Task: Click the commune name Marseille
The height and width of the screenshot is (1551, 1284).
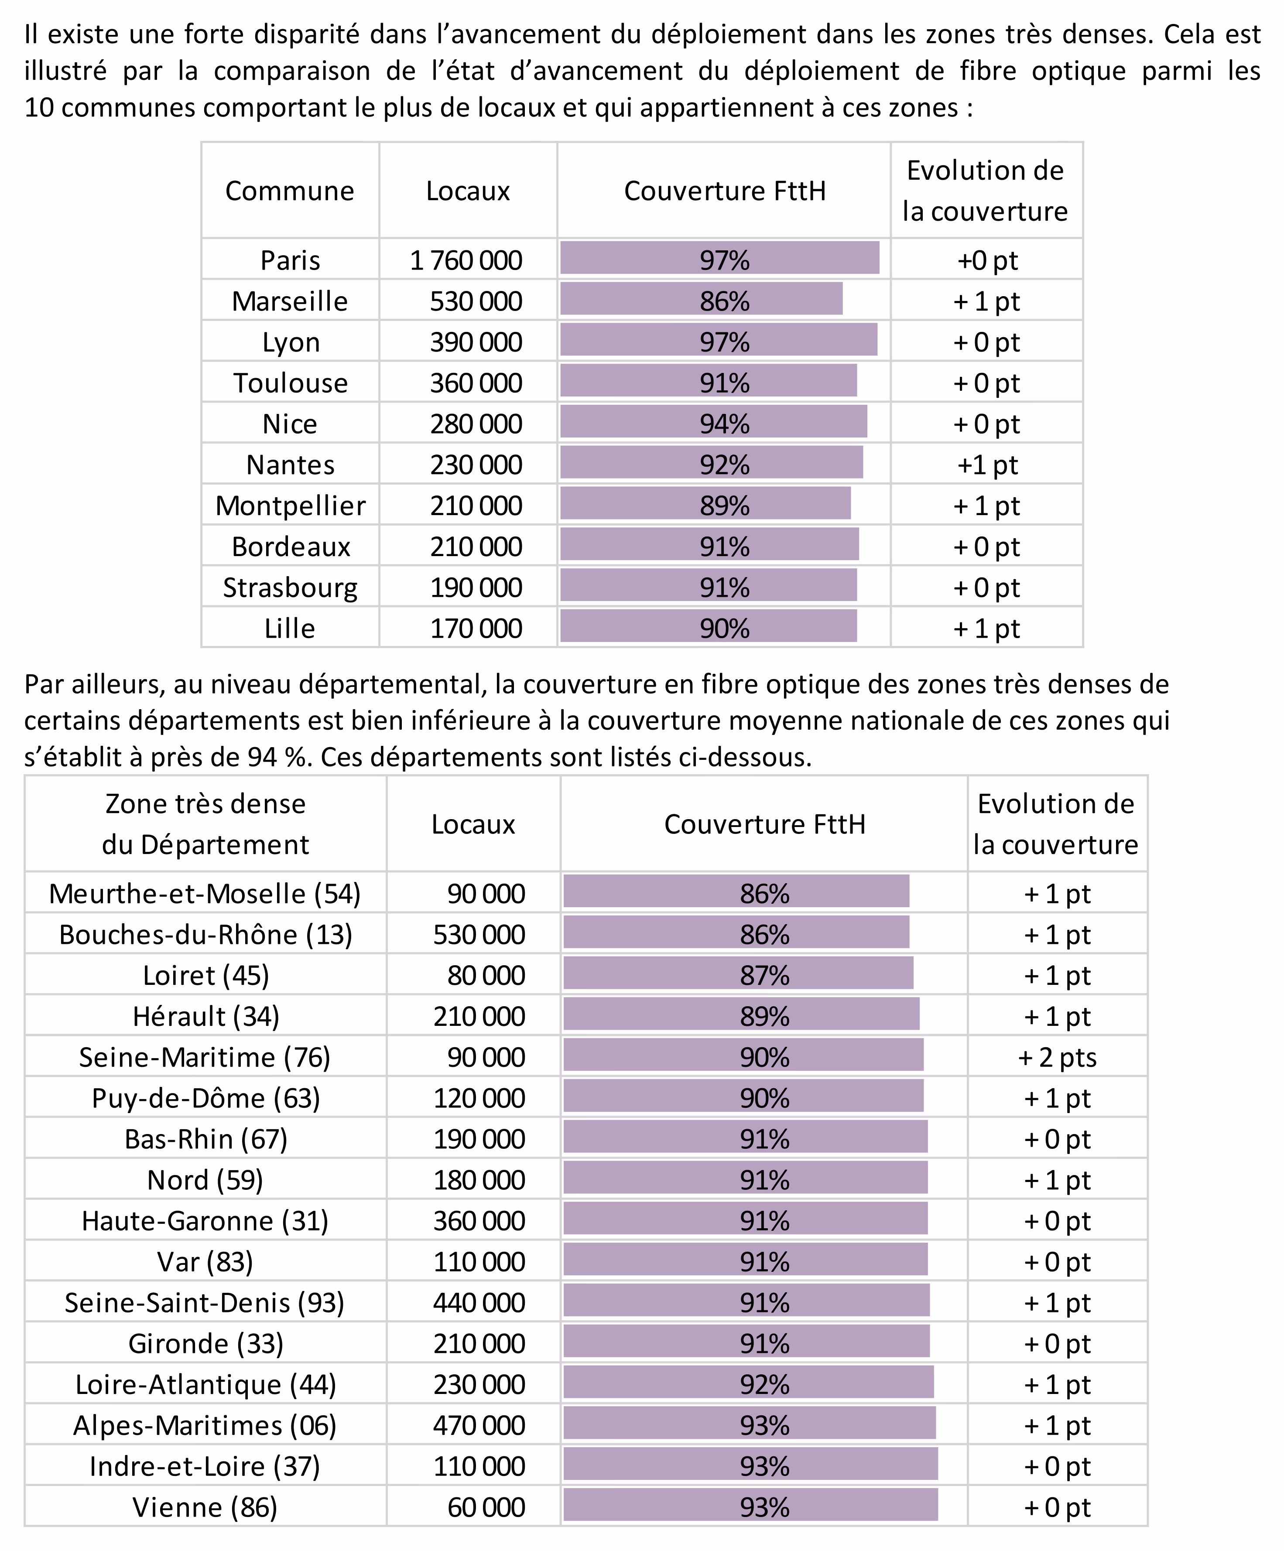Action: pyautogui.click(x=290, y=301)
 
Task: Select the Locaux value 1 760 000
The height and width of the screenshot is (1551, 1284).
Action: pyautogui.click(x=466, y=261)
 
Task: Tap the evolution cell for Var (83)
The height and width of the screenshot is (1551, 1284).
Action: pyautogui.click(x=1057, y=1262)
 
